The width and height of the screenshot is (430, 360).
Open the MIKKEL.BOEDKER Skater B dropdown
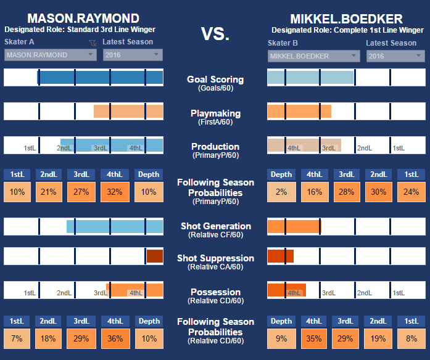[x=313, y=56]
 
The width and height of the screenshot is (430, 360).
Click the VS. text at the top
[x=215, y=35]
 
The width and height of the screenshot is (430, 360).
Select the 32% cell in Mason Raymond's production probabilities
[x=114, y=192]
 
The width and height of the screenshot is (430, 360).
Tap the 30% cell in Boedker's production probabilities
[x=378, y=192]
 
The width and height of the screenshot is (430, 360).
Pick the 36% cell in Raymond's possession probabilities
[x=114, y=338]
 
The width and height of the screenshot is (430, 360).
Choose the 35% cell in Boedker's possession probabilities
[x=314, y=338]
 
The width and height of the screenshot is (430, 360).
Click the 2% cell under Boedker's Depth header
[x=282, y=192]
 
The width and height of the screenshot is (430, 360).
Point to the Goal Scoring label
[x=215, y=80]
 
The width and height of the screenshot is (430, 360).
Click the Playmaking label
[x=215, y=113]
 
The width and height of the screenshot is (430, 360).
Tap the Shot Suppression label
[x=215, y=258]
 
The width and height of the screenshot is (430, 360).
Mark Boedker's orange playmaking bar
[x=299, y=111]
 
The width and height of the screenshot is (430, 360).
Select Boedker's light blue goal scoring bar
[x=310, y=78]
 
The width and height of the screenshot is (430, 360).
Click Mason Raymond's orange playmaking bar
[x=128, y=111]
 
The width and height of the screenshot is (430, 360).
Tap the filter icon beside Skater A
[x=93, y=43]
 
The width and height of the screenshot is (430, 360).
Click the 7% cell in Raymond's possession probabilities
[x=17, y=338]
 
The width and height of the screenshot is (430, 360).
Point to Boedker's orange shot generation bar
[x=294, y=226]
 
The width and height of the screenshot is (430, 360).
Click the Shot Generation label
[x=215, y=226]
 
